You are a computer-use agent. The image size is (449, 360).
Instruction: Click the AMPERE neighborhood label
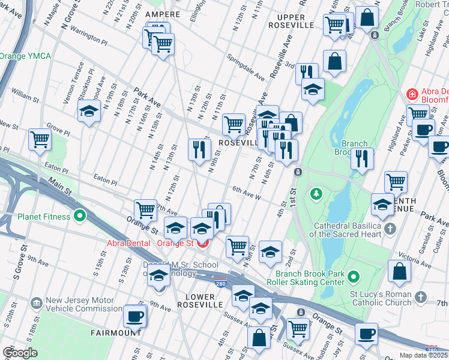(163, 14)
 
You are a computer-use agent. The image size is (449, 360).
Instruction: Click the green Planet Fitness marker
(80, 217)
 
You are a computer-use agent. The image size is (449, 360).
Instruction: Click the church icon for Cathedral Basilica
(390, 228)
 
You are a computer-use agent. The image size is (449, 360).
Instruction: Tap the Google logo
(20, 353)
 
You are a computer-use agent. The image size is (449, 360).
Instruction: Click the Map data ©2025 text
(424, 355)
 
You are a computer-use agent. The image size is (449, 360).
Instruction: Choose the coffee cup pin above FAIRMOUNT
(135, 316)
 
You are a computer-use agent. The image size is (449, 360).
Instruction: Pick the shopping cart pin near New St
(40, 139)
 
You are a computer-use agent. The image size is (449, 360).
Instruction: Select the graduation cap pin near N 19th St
(89, 111)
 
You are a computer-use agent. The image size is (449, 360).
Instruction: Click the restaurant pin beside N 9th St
(199, 149)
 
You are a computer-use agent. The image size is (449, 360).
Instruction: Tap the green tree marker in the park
(316, 194)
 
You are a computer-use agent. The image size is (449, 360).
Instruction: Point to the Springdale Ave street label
(246, 67)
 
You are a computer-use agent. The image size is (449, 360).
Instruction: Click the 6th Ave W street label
(246, 193)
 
